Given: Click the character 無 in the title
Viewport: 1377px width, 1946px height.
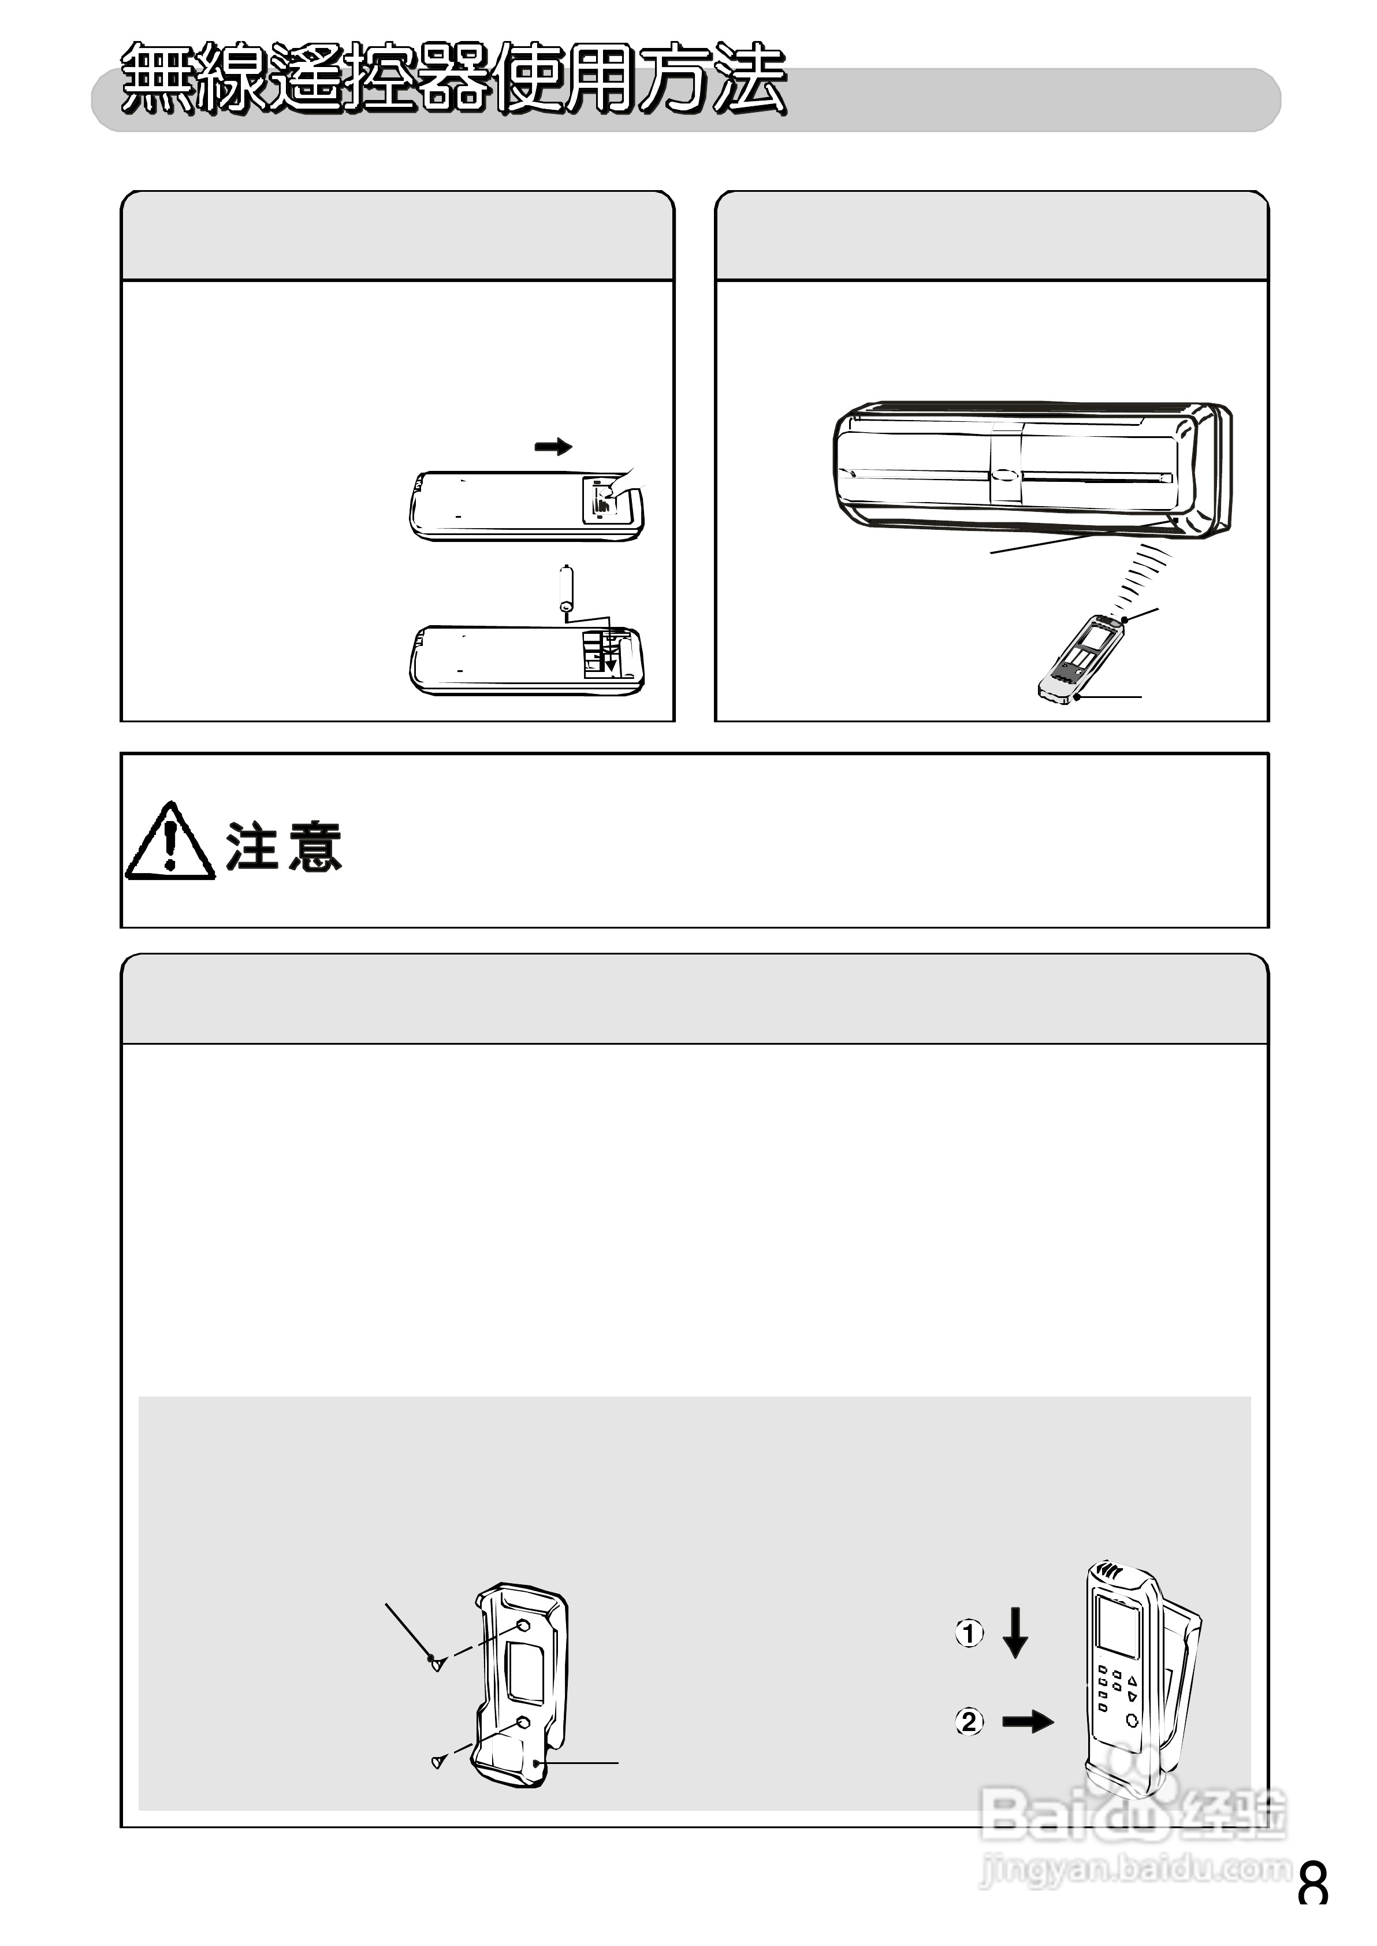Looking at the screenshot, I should click(157, 78).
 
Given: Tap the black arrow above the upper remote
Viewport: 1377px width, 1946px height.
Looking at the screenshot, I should click(553, 447).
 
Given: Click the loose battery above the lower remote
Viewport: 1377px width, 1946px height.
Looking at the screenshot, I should click(567, 588).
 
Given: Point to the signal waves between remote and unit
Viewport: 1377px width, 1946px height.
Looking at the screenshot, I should click(1140, 580).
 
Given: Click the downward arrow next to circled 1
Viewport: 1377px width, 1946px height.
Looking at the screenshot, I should click(1015, 1632).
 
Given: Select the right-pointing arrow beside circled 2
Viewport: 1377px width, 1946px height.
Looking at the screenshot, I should click(1028, 1721).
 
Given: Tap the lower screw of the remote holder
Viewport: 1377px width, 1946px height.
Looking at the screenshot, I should click(437, 1762).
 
